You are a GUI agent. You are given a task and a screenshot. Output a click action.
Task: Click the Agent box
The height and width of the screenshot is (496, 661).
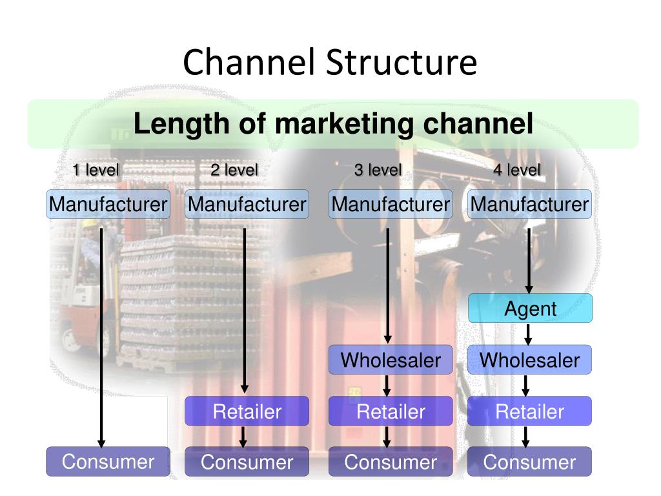pyautogui.click(x=530, y=308)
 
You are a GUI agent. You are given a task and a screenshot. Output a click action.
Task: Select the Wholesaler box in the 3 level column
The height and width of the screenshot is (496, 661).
pyautogui.click(x=391, y=360)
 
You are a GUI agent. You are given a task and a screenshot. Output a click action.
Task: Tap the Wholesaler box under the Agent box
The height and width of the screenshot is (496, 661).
pyautogui.click(x=530, y=360)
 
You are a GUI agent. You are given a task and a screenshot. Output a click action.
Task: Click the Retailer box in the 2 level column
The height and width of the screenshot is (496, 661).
pyautogui.click(x=247, y=411)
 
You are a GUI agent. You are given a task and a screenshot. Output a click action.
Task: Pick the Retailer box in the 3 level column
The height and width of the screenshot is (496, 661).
pyautogui.click(x=391, y=411)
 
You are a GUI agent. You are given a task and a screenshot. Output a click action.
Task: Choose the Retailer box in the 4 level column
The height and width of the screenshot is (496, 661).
pyautogui.click(x=530, y=411)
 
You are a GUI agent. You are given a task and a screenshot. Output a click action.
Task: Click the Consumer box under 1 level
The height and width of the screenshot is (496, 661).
pyautogui.click(x=108, y=461)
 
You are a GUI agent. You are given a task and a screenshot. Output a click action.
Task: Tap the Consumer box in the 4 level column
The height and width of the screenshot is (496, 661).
pyautogui.click(x=530, y=461)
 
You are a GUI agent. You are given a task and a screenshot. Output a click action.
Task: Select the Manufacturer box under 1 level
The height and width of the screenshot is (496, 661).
pyautogui.click(x=108, y=204)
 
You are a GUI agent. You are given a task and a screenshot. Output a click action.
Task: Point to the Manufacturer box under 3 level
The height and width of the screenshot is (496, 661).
pyautogui.click(x=391, y=204)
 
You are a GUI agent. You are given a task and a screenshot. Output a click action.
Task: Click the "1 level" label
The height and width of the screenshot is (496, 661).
pyautogui.click(x=96, y=170)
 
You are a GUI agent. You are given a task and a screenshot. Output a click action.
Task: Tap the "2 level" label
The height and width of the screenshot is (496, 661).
pyautogui.click(x=234, y=170)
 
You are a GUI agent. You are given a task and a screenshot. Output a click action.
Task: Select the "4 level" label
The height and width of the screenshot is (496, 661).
pyautogui.click(x=517, y=170)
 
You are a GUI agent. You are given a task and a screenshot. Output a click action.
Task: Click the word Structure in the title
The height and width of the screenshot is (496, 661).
pyautogui.click(x=402, y=62)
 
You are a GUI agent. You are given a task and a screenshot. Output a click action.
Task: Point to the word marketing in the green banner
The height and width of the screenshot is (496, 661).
pyautogui.click(x=345, y=124)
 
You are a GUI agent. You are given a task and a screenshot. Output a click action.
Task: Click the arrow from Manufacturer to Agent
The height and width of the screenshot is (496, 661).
pyautogui.click(x=529, y=261)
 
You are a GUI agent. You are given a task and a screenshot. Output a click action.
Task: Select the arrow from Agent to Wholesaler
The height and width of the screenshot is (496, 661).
pyautogui.click(x=528, y=334)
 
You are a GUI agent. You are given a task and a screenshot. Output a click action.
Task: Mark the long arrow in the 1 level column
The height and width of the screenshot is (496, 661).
pyautogui.click(x=101, y=338)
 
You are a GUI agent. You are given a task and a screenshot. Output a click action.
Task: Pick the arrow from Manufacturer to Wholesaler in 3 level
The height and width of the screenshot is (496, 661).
pyautogui.click(x=388, y=286)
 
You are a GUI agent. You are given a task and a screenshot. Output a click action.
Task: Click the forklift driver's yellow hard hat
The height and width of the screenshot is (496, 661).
pyautogui.click(x=89, y=223)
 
